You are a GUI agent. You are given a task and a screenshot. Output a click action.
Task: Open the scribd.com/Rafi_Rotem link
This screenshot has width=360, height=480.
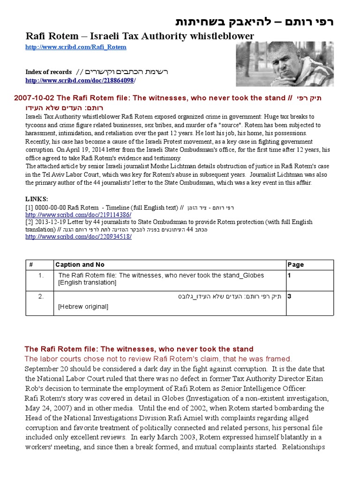coord(76,47)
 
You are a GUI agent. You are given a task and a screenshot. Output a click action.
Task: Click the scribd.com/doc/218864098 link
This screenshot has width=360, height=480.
coord(80,81)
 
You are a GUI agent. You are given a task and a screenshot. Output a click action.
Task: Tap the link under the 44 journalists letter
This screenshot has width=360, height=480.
coord(78,237)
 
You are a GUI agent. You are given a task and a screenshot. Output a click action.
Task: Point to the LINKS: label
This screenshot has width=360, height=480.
coord(37,199)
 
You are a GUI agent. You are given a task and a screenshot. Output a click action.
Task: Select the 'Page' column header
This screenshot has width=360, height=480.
coord(295,265)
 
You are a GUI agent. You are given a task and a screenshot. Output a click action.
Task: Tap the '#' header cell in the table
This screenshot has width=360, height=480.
coord(31,265)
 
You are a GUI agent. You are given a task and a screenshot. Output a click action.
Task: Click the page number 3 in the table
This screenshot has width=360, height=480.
coord(290,296)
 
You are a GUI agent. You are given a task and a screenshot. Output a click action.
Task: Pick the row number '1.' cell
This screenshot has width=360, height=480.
coord(41,276)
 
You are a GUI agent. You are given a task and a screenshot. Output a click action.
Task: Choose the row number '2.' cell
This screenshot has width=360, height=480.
coord(41,296)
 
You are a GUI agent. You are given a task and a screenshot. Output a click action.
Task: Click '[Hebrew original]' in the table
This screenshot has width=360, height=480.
coord(83,307)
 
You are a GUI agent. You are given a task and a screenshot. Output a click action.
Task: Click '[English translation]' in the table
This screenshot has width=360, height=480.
coord(87,283)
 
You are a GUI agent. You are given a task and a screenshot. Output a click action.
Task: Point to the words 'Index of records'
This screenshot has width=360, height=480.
coord(48,72)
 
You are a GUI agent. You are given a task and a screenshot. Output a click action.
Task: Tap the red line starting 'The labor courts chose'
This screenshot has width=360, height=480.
coord(158,359)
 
